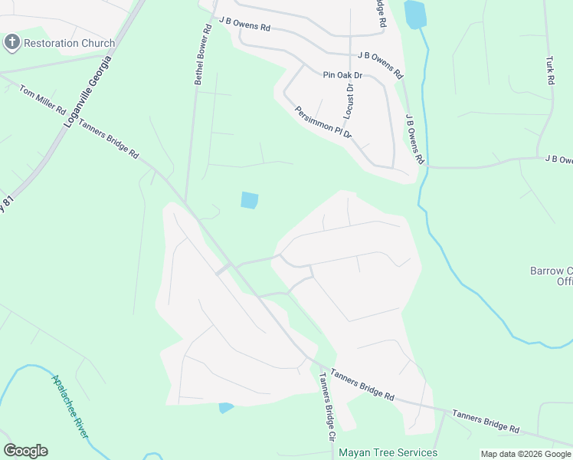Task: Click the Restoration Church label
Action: coord(69,43)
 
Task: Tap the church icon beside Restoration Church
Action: coord(11,42)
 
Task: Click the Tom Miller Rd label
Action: coord(43,100)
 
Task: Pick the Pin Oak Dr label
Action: coord(342,75)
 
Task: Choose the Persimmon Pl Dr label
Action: coord(323,121)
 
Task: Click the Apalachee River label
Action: coord(70,406)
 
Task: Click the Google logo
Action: coord(25,451)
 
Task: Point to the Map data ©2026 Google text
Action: coord(525,454)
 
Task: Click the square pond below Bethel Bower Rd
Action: coord(250,200)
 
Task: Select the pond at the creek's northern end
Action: coord(414,14)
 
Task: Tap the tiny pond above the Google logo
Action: coord(225,408)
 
